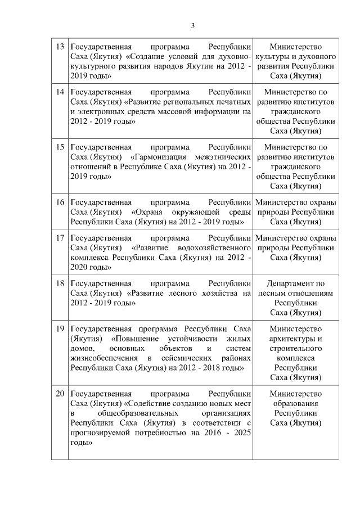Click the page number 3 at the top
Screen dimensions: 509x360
[192, 25]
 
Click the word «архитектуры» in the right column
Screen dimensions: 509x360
[295, 338]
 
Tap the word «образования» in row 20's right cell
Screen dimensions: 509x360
[295, 403]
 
